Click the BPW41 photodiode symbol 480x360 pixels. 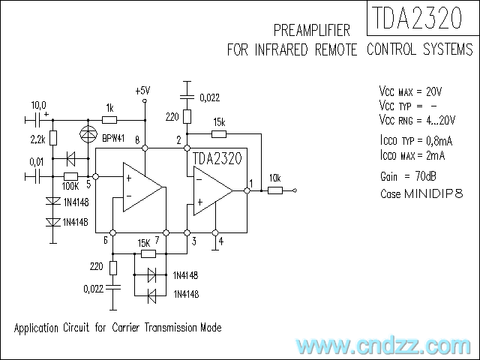click(x=88, y=134)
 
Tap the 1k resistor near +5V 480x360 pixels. click(x=109, y=120)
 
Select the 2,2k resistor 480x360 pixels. click(x=53, y=138)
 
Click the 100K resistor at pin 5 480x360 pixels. click(x=70, y=176)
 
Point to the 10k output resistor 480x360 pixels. click(x=275, y=190)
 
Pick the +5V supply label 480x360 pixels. click(x=142, y=91)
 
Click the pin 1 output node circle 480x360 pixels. click(x=247, y=190)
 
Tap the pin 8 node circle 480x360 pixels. click(x=145, y=148)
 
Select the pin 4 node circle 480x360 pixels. click(x=215, y=232)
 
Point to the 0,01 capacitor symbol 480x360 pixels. click(x=37, y=177)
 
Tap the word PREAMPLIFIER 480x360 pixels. click(x=312, y=30)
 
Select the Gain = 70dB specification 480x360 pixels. click(x=408, y=176)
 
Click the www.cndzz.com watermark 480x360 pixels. click(x=383, y=346)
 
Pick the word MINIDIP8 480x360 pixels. click(x=433, y=193)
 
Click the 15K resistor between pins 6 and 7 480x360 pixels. click(x=148, y=253)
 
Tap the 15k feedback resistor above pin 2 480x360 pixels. click(x=219, y=133)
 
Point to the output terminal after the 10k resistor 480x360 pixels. click(x=295, y=190)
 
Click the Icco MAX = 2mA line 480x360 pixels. click(x=412, y=155)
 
